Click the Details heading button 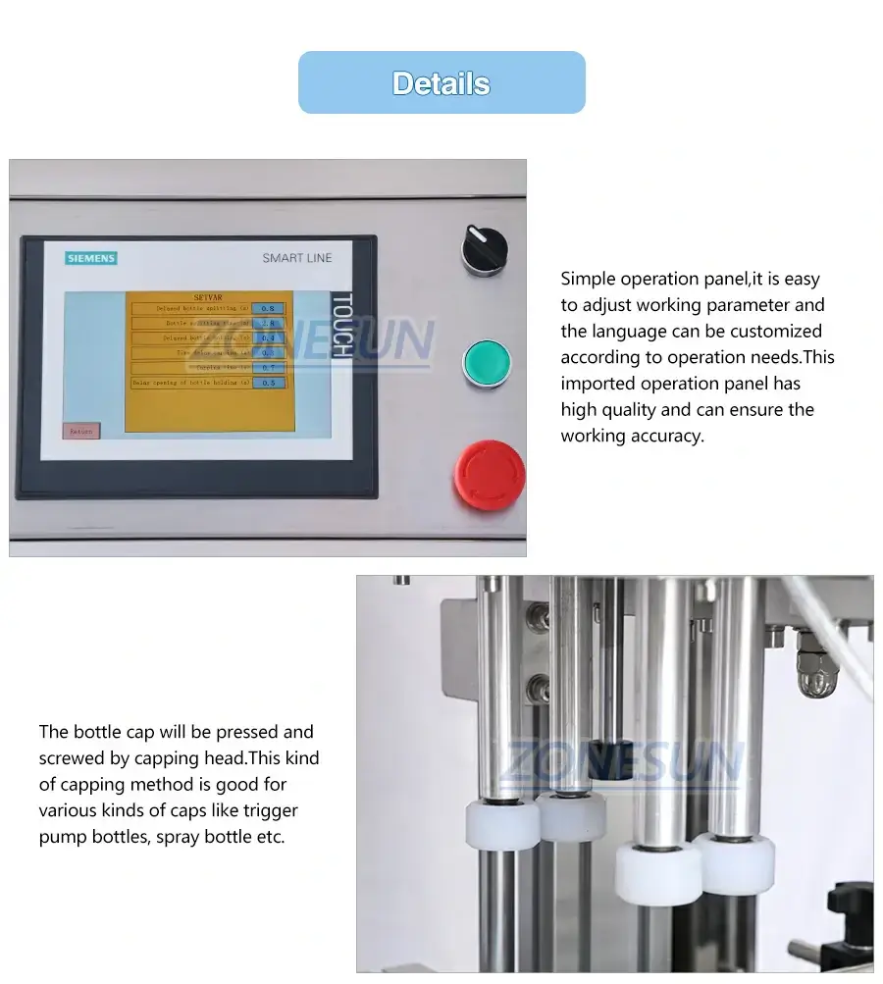tap(441, 83)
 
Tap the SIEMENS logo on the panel tap(91, 258)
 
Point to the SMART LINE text tap(296, 258)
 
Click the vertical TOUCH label tap(340, 325)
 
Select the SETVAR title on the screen tap(208, 296)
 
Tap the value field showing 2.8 tap(268, 323)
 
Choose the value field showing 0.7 tap(268, 367)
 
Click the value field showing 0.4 tap(268, 337)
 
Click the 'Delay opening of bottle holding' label tap(192, 383)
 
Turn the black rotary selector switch tap(484, 249)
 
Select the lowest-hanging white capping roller tap(658, 871)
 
